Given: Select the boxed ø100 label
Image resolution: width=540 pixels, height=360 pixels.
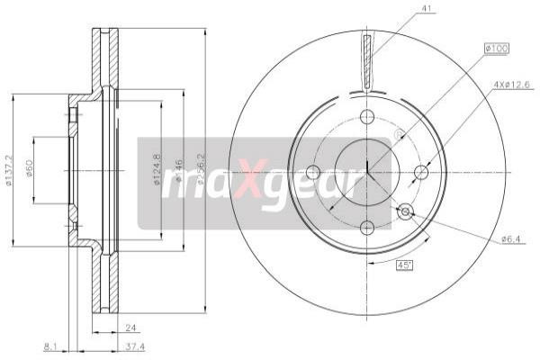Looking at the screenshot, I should pos(496,48).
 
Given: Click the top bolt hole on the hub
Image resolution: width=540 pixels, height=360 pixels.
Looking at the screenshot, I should pos(367,116).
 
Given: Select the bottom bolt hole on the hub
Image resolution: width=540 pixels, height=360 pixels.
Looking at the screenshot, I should pos(367,227).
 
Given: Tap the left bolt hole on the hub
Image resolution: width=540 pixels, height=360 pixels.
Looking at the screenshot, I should pos(312,172).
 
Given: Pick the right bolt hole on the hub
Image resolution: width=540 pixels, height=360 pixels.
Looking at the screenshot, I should pos(422,172).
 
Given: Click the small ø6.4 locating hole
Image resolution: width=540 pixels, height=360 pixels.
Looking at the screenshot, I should pos(406,211).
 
